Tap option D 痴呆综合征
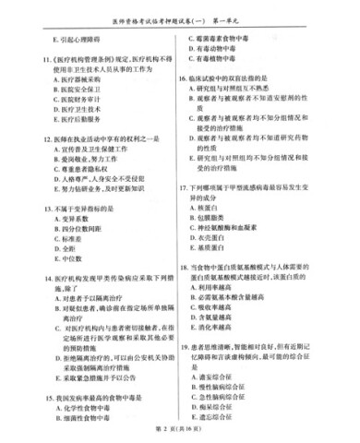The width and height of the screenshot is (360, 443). [231, 402]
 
